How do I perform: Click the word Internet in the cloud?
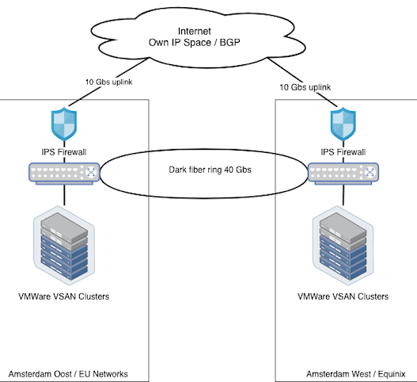[x=195, y=31]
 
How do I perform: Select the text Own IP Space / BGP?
[x=195, y=42]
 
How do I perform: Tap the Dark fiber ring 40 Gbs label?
[x=210, y=170]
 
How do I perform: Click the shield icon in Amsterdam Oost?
[x=64, y=124]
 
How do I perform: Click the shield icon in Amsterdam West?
[x=343, y=124]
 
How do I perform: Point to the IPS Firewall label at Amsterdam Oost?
[x=64, y=152]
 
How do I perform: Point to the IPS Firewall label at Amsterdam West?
[x=343, y=152]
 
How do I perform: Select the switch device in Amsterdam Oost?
[x=64, y=174]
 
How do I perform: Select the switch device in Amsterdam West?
[x=343, y=174]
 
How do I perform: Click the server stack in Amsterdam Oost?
[x=64, y=246]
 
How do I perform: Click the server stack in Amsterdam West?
[x=343, y=246]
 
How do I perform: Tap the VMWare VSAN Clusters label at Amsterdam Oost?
[x=64, y=296]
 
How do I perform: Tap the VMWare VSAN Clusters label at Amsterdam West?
[x=343, y=296]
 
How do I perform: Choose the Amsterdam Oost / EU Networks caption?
[x=68, y=374]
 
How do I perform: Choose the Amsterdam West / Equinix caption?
[x=356, y=374]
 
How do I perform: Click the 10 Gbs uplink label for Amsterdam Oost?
[x=108, y=82]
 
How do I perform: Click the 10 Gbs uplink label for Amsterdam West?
[x=305, y=87]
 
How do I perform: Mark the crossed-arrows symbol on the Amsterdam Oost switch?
[x=91, y=172]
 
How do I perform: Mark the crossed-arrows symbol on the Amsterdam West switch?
[x=370, y=172]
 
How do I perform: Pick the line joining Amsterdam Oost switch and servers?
[x=64, y=195]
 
